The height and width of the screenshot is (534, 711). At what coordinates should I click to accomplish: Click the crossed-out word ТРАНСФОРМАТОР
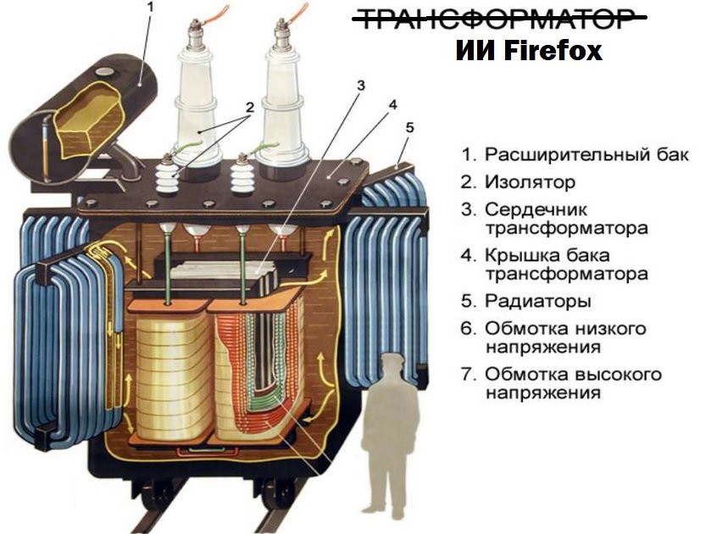500,19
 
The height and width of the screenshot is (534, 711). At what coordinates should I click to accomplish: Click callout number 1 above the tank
151,8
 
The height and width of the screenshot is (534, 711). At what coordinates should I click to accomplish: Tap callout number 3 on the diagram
361,86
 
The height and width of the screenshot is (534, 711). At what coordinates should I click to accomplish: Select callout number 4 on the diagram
392,105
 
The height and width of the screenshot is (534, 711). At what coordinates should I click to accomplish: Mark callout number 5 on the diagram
409,127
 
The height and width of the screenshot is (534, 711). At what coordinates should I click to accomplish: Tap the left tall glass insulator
196,100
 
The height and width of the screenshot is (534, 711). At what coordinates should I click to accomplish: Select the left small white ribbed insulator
167,175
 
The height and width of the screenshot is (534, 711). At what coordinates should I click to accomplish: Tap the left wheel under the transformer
158,496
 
